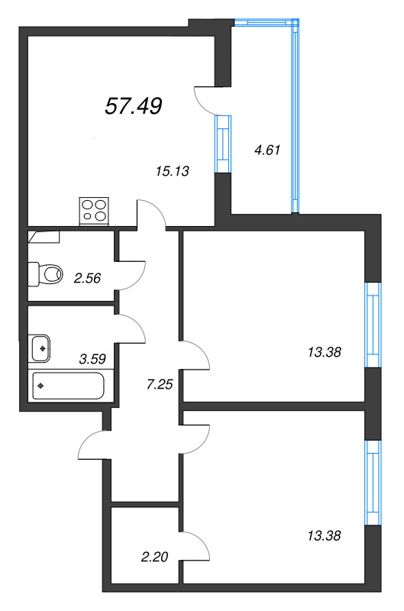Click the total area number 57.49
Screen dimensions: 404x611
(x=134, y=106)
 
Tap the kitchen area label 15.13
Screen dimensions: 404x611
(x=172, y=171)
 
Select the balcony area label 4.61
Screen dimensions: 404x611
(x=267, y=150)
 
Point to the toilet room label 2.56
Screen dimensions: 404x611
(x=87, y=278)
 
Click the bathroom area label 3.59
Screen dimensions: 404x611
(x=92, y=358)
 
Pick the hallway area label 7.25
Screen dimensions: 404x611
(x=160, y=385)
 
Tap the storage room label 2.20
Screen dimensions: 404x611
(x=155, y=557)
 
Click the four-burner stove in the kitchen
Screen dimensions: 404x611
(x=94, y=212)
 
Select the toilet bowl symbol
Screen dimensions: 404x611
(x=46, y=274)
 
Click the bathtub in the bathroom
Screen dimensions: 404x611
(x=69, y=386)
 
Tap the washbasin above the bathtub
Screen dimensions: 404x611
(x=40, y=348)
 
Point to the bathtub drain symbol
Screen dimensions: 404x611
(x=40, y=386)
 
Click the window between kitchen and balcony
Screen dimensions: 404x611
(x=223, y=144)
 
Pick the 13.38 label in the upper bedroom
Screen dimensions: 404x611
(x=324, y=353)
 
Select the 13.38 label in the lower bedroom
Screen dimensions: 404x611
(x=324, y=536)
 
